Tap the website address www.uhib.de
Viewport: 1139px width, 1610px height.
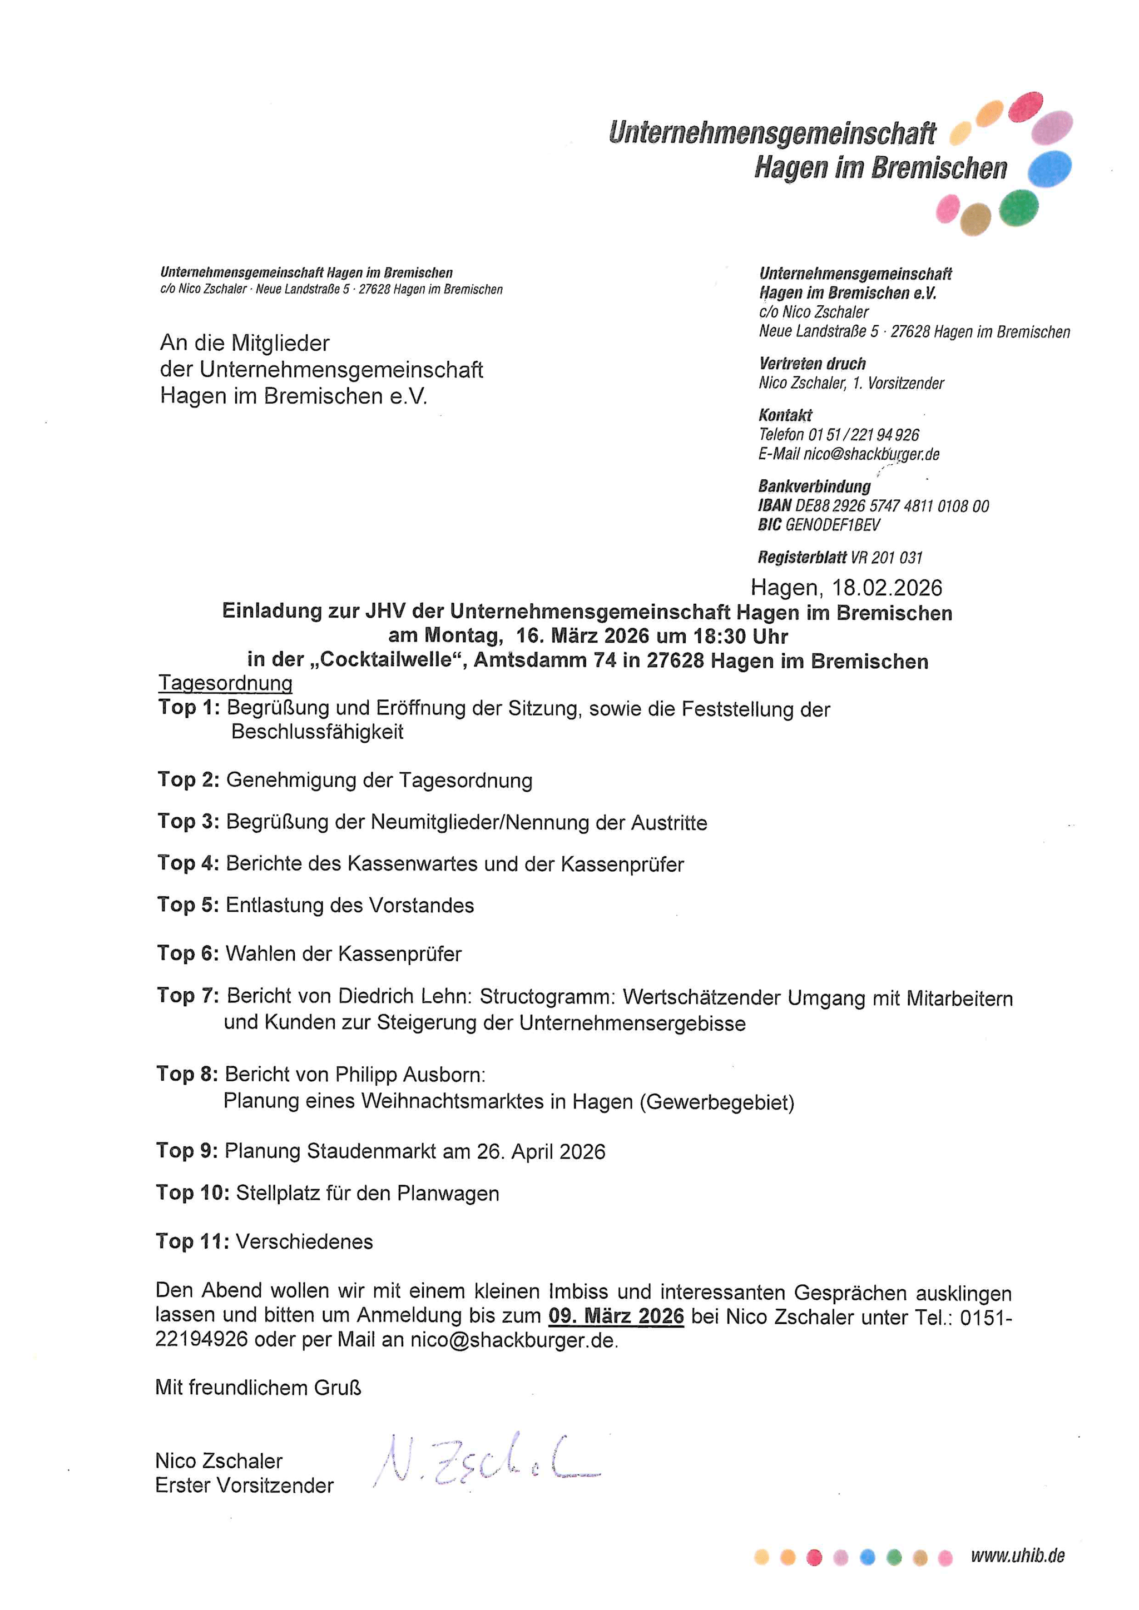(1017, 1556)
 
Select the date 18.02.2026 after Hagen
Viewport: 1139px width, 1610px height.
(887, 588)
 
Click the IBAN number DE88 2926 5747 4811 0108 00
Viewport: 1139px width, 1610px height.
(892, 505)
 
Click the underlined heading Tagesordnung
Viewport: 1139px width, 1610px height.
(225, 683)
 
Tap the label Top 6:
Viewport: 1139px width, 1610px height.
(188, 953)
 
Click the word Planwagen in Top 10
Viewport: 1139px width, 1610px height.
(448, 1194)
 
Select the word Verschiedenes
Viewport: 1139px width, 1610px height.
(304, 1242)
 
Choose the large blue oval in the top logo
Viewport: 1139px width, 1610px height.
(1049, 169)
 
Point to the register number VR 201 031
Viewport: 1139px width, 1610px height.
(887, 558)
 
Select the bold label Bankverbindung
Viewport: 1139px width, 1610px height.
(814, 486)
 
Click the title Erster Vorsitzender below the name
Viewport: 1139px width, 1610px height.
(244, 1485)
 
